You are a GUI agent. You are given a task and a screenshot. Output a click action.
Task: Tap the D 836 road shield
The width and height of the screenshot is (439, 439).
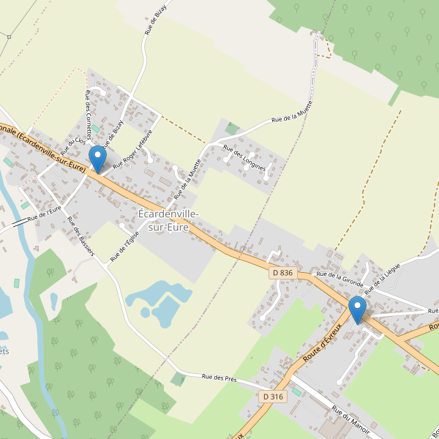point(282,273)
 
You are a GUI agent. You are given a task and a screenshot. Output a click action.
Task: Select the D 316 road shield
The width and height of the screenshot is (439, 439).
point(271,396)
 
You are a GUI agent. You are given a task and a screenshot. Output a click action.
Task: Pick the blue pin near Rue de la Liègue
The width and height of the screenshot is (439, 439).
point(358,309)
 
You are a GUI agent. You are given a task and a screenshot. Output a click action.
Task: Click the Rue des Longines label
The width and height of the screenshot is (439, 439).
point(244,158)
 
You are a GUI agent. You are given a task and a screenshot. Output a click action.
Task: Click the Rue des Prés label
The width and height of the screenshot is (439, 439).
point(219,378)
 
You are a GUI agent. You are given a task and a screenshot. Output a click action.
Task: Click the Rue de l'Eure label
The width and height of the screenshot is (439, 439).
point(44,214)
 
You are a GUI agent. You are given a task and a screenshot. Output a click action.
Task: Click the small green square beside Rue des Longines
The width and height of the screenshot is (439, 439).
point(232,130)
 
